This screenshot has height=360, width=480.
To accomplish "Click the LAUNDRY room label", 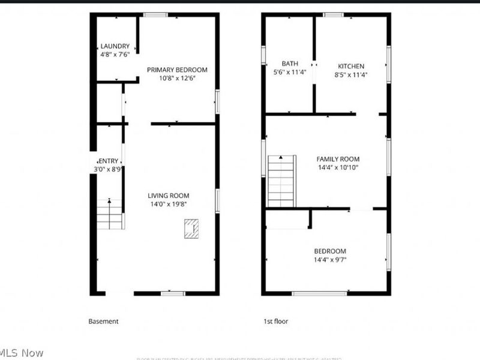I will point(115,46).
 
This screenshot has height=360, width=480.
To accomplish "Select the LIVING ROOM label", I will point(169,196).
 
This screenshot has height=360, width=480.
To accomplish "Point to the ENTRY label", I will point(109,161).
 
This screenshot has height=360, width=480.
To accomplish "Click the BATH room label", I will point(290,64).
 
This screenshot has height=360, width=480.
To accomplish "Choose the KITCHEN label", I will point(351,66).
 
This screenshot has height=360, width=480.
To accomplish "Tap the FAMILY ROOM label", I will point(338,159).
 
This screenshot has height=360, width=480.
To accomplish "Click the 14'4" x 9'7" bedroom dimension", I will point(329,260).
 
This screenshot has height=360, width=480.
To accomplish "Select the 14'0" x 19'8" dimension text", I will point(169,204).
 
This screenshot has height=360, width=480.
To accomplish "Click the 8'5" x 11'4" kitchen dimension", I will point(351,75).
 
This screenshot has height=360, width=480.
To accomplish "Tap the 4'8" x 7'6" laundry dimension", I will point(115,55).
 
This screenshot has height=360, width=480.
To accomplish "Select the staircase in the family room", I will point(281,181).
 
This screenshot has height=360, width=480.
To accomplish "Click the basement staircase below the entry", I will point(110,214).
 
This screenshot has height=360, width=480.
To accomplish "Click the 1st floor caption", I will point(276,322).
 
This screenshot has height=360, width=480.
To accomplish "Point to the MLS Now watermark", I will point(22,353).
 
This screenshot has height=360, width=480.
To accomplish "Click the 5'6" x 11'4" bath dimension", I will point(290,73).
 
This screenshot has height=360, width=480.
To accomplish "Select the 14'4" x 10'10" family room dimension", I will point(338,168).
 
